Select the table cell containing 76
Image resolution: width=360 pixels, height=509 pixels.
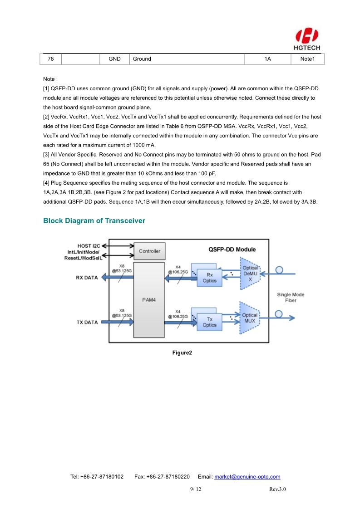coord(51,59)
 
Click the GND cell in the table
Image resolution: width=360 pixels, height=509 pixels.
coord(114,59)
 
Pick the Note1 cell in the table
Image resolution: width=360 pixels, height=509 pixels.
coord(307,59)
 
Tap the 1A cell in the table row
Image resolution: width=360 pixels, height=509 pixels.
coord(268,59)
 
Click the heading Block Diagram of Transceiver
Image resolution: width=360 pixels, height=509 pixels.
coord(94,221)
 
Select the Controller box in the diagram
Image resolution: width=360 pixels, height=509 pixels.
coord(149,251)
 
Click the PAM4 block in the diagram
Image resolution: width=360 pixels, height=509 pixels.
coord(149,300)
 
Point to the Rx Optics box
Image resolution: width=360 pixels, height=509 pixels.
coord(209,278)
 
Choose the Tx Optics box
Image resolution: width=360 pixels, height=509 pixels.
coord(209,322)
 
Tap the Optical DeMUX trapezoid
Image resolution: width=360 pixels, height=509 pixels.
coord(250,274)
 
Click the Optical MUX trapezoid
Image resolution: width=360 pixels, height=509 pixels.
coord(250,318)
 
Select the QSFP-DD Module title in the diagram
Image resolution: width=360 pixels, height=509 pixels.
coord(232,249)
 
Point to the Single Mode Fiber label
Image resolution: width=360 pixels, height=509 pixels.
coord(291,298)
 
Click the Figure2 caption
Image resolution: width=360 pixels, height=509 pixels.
coord(182,352)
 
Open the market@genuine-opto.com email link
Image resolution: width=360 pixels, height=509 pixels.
coord(247,477)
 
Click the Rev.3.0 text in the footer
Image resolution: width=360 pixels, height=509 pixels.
coord(277,489)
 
